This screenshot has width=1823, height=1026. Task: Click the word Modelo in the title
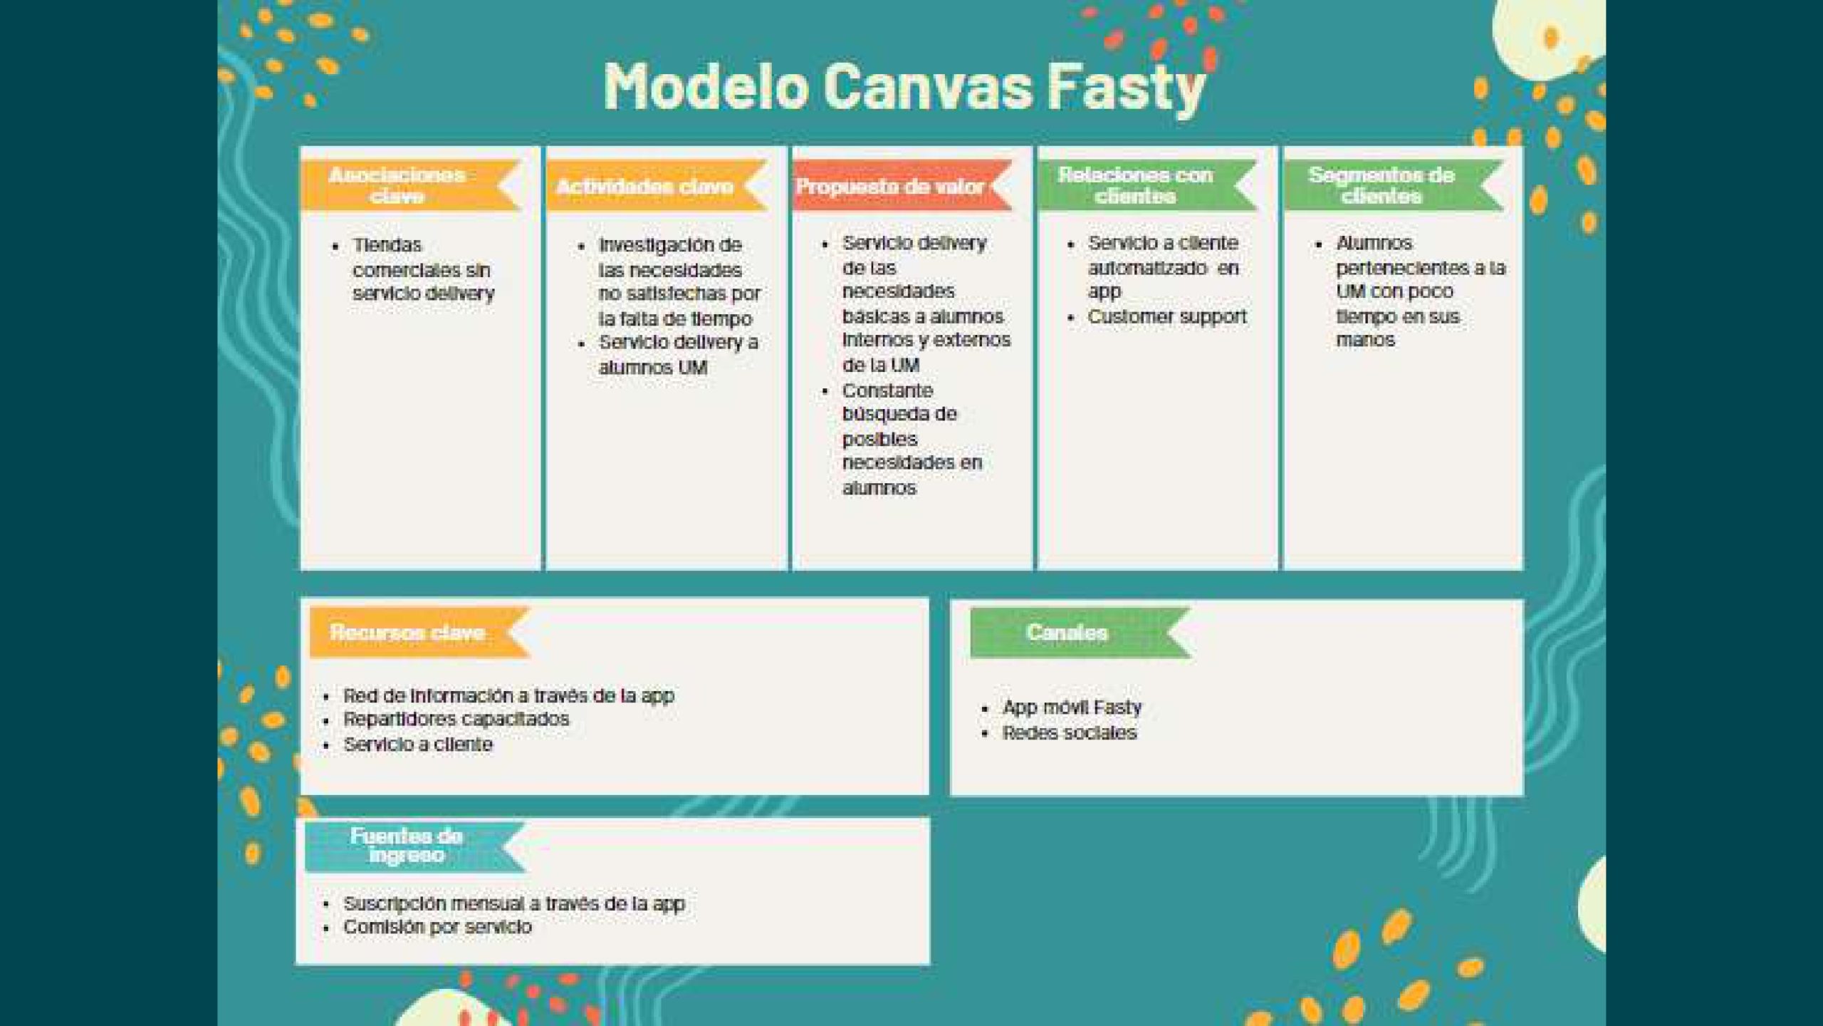point(706,86)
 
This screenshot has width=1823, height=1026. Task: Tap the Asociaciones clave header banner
point(411,185)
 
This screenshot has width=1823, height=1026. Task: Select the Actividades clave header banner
point(657,186)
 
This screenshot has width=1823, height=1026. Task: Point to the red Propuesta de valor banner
point(902,185)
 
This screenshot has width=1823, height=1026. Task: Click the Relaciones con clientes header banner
point(1148,185)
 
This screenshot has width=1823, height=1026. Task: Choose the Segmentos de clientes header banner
point(1394,185)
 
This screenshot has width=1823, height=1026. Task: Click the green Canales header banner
point(1080,632)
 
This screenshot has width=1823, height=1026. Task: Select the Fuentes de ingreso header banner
point(416,846)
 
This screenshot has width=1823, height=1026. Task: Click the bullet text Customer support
point(1167,316)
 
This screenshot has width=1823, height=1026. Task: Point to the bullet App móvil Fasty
point(1072,708)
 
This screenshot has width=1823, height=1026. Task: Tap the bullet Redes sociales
point(1070,732)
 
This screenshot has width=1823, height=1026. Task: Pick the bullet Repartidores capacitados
point(456,719)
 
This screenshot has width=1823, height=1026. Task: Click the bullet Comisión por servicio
point(437,927)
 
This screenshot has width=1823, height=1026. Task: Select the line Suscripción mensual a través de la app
point(514,903)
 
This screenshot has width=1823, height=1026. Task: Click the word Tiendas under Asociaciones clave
point(387,245)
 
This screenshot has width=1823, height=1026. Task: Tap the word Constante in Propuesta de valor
point(887,390)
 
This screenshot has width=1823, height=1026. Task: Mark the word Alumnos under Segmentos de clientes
point(1374,243)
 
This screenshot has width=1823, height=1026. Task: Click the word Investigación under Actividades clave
point(670,245)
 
